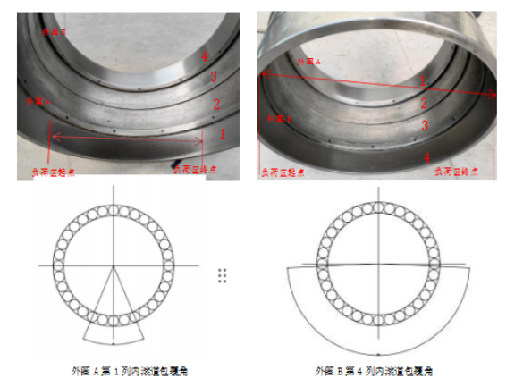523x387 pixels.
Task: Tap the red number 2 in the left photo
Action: coord(216,104)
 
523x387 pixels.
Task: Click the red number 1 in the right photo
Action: coord(424,80)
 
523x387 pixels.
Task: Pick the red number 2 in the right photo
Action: coord(425,104)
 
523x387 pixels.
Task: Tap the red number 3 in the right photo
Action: coord(426,127)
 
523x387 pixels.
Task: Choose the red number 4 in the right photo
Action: coord(426,157)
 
